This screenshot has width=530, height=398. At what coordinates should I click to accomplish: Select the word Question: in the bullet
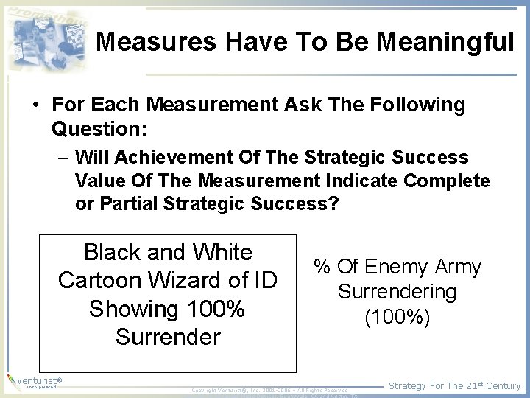[99, 130]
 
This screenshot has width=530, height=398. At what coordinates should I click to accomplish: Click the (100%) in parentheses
[397, 318]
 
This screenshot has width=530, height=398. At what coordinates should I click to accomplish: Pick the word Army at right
[458, 267]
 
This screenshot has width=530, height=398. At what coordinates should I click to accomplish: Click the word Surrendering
[397, 292]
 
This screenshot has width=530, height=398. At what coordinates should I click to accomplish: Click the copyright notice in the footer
[269, 390]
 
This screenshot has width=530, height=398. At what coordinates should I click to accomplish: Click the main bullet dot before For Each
[35, 106]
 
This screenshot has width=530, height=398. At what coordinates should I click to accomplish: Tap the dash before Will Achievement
[64, 158]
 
